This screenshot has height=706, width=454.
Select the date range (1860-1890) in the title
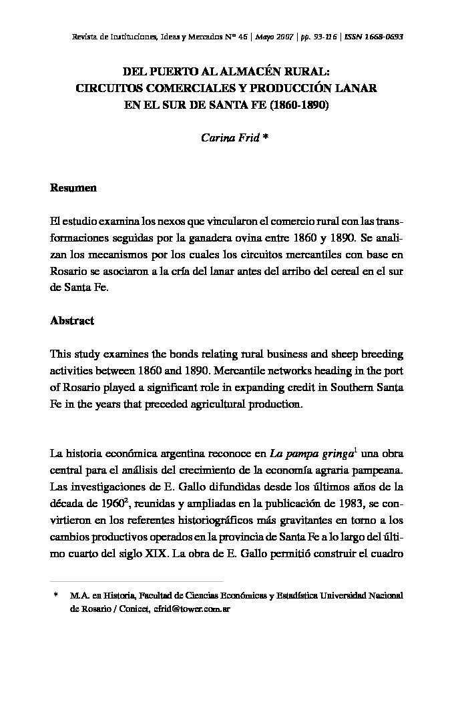click(300, 105)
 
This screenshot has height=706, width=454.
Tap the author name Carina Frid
click(229, 137)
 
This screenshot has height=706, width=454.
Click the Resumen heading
click(73, 188)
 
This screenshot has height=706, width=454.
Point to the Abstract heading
click(72, 320)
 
